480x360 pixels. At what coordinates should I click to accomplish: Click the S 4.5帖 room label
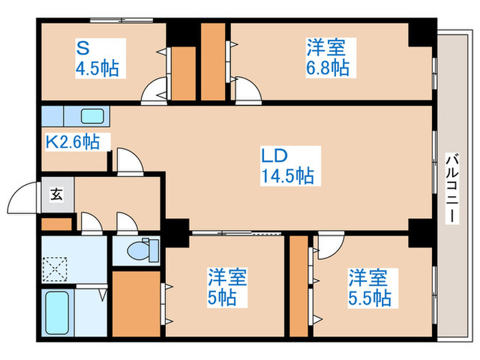[97, 58]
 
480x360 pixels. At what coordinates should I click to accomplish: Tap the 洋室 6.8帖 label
[328, 57]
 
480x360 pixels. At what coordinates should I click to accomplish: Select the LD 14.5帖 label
[288, 166]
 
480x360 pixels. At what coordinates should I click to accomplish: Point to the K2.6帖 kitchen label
[73, 141]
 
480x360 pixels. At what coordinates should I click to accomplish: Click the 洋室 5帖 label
[227, 287]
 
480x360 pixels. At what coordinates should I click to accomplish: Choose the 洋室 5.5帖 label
[370, 288]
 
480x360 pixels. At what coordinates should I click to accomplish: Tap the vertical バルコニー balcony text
[452, 188]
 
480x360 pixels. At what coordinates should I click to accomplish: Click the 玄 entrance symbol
[57, 194]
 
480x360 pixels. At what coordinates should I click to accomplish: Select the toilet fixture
[143, 250]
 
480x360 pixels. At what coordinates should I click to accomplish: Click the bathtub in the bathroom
[57, 312]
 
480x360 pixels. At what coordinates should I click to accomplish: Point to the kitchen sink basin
[93, 117]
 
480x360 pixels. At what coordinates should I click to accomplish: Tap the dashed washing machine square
[54, 269]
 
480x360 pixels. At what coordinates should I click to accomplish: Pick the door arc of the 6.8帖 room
[251, 86]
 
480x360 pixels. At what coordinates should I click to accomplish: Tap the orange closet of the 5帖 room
[136, 304]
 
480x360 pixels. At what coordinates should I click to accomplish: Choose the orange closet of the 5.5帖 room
[299, 286]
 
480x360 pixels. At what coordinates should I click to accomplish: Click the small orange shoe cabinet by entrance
[57, 224]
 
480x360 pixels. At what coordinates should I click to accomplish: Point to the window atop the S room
[121, 21]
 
